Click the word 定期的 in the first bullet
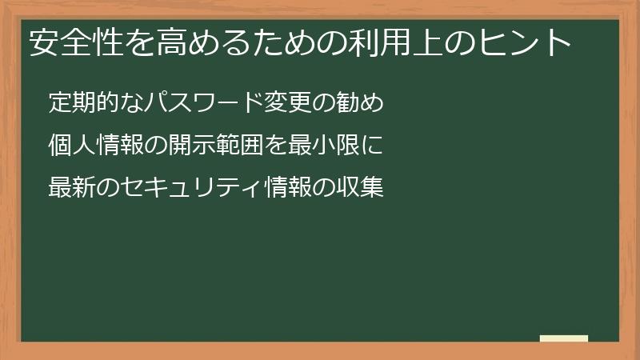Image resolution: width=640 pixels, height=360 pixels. pos(80,103)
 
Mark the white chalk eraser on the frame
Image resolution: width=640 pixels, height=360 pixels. pos(563,338)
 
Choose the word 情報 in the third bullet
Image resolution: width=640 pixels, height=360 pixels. pos(288,188)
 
